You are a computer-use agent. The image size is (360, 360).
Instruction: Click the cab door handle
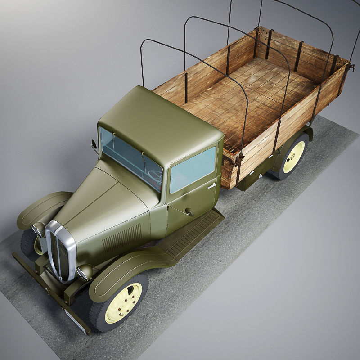coord(211,185)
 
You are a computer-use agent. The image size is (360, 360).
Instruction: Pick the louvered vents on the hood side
coord(121,237)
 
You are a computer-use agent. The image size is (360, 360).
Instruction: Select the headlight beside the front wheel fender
coord(84,272)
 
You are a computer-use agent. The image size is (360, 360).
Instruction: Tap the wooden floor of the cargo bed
coord(252,99)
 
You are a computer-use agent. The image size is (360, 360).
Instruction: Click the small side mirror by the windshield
coord(94,145)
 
